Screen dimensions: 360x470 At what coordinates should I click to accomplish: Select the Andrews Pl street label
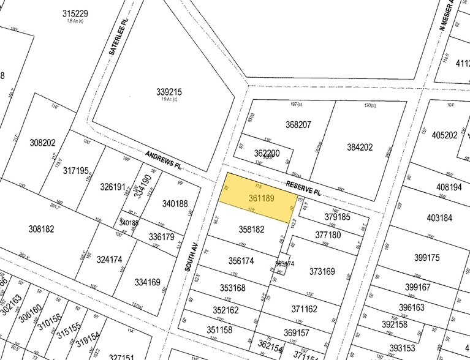(164, 160)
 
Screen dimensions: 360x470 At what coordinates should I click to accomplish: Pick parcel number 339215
(169, 92)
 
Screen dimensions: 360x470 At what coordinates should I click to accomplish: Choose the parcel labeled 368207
(298, 125)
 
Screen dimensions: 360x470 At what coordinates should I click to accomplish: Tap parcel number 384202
(360, 147)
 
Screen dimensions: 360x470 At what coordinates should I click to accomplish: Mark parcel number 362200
(267, 153)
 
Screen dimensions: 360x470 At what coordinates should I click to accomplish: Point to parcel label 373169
(322, 271)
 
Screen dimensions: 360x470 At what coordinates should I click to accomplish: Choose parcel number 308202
(42, 143)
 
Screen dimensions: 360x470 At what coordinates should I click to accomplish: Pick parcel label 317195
(76, 171)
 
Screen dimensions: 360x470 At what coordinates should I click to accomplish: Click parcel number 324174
(109, 259)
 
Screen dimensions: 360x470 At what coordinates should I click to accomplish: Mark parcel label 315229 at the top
(75, 13)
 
